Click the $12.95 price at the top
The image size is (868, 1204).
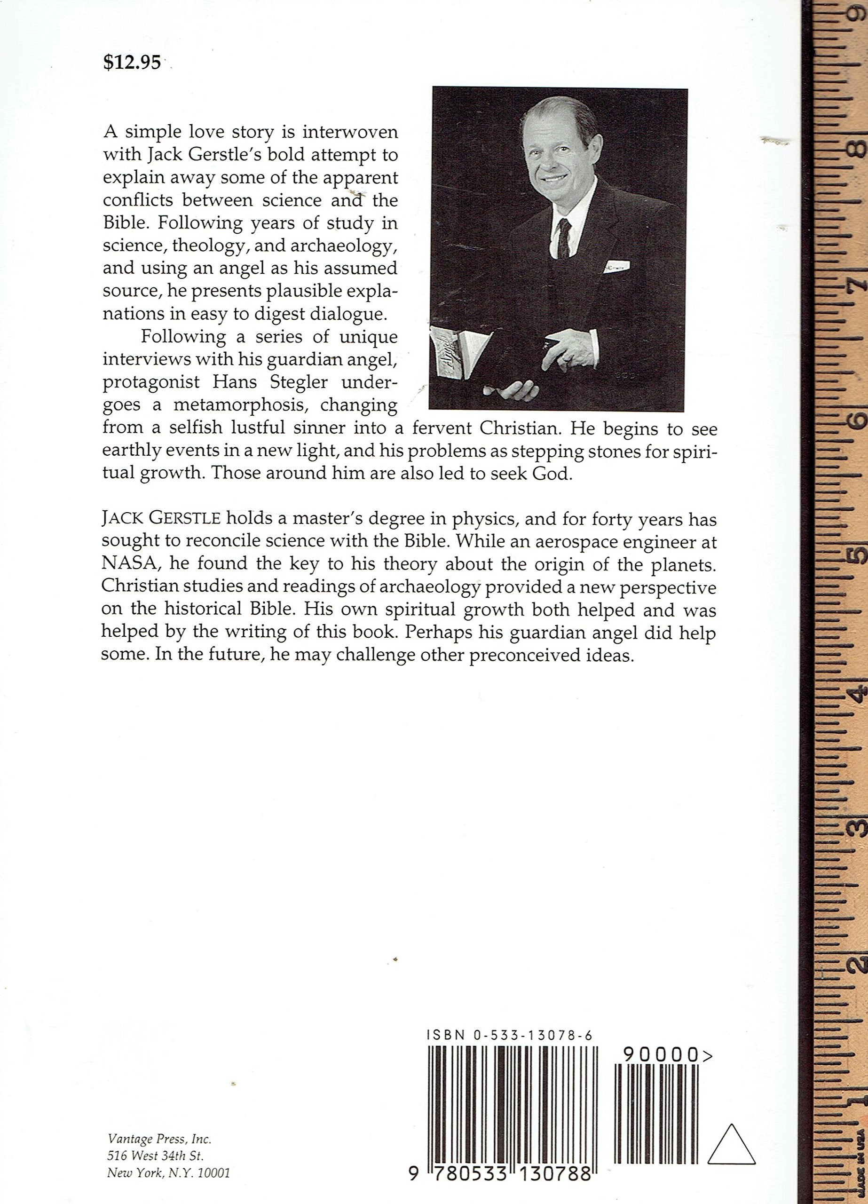tap(132, 63)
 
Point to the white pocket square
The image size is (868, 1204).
tap(616, 265)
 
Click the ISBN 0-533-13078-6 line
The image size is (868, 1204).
tap(509, 1035)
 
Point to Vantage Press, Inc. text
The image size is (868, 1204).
tap(160, 1138)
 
